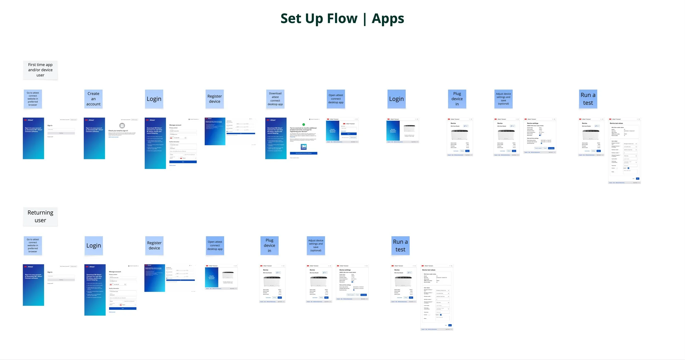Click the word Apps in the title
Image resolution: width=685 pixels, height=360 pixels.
click(x=388, y=19)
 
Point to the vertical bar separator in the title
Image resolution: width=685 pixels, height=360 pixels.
click(x=365, y=19)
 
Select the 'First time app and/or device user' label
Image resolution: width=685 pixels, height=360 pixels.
click(x=40, y=70)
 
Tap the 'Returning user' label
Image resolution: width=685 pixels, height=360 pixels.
click(x=40, y=216)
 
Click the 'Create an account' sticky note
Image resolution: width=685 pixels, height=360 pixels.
click(x=93, y=99)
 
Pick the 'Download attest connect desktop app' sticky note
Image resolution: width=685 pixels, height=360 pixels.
click(x=275, y=99)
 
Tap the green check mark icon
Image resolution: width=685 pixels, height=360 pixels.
click(x=304, y=124)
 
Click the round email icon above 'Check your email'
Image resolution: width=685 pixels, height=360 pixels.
click(x=122, y=126)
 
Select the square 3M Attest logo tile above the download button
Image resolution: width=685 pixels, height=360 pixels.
click(x=304, y=147)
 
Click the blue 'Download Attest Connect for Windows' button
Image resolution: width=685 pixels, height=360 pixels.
click(x=304, y=153)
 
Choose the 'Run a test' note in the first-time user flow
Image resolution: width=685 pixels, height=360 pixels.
click(x=588, y=99)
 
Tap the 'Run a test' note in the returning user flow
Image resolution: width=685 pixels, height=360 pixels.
click(x=400, y=245)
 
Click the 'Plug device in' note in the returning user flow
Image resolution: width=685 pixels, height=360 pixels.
click(x=269, y=245)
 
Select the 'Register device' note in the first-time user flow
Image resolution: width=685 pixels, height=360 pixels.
click(x=215, y=99)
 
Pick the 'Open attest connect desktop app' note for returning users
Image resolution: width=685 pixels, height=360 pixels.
click(x=215, y=245)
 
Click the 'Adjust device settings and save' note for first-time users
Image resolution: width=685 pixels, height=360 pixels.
click(x=503, y=99)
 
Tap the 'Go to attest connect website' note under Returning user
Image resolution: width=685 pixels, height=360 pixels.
click(x=33, y=245)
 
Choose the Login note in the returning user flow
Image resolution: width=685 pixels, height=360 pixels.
click(x=94, y=245)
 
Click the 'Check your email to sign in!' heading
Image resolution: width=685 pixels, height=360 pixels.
click(x=118, y=131)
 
